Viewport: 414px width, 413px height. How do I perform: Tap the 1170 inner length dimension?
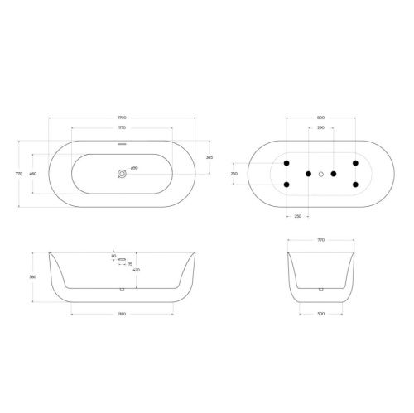coord(122,129)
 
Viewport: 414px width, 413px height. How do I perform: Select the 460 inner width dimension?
coord(33,174)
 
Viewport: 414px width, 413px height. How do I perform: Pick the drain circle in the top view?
coord(123,174)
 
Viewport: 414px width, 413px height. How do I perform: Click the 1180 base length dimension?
coord(122,315)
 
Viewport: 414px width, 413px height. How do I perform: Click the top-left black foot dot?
coord(286,163)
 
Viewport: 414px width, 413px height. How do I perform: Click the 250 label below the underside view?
coord(297,217)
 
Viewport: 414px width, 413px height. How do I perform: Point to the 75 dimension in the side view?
coord(129,263)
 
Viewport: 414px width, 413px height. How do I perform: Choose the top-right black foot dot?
coord(355,163)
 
